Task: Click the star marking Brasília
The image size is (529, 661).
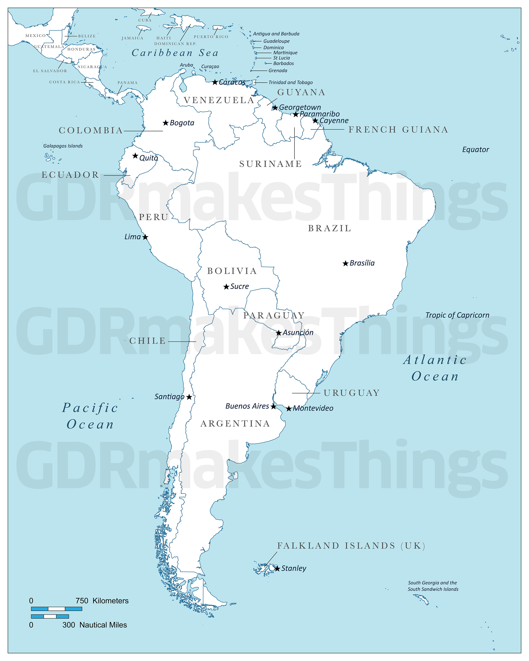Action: click(346, 263)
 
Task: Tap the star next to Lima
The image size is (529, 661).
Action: click(145, 237)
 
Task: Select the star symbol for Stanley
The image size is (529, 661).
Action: click(277, 569)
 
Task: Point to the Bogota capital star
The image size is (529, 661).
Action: click(166, 123)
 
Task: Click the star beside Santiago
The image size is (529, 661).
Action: click(189, 397)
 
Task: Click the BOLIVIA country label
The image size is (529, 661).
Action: click(232, 271)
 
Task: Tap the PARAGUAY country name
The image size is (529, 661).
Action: click(274, 316)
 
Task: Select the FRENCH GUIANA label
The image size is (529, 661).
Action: click(398, 130)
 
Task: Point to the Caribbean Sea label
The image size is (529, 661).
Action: click(175, 53)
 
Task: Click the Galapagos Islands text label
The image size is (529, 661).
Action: click(63, 146)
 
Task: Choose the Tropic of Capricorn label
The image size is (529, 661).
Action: click(457, 315)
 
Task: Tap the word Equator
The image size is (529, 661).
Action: click(475, 150)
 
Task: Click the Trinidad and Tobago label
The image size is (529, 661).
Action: click(291, 82)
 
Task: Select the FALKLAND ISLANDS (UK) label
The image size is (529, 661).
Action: click(351, 546)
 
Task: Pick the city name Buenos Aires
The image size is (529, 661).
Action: click(247, 406)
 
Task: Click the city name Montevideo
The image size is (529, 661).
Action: click(313, 408)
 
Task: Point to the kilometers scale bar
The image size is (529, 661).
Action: click(56, 609)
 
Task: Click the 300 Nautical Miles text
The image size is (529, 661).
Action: click(95, 625)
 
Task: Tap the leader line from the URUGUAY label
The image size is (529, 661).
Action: click(306, 393)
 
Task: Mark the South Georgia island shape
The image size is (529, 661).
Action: click(421, 598)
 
